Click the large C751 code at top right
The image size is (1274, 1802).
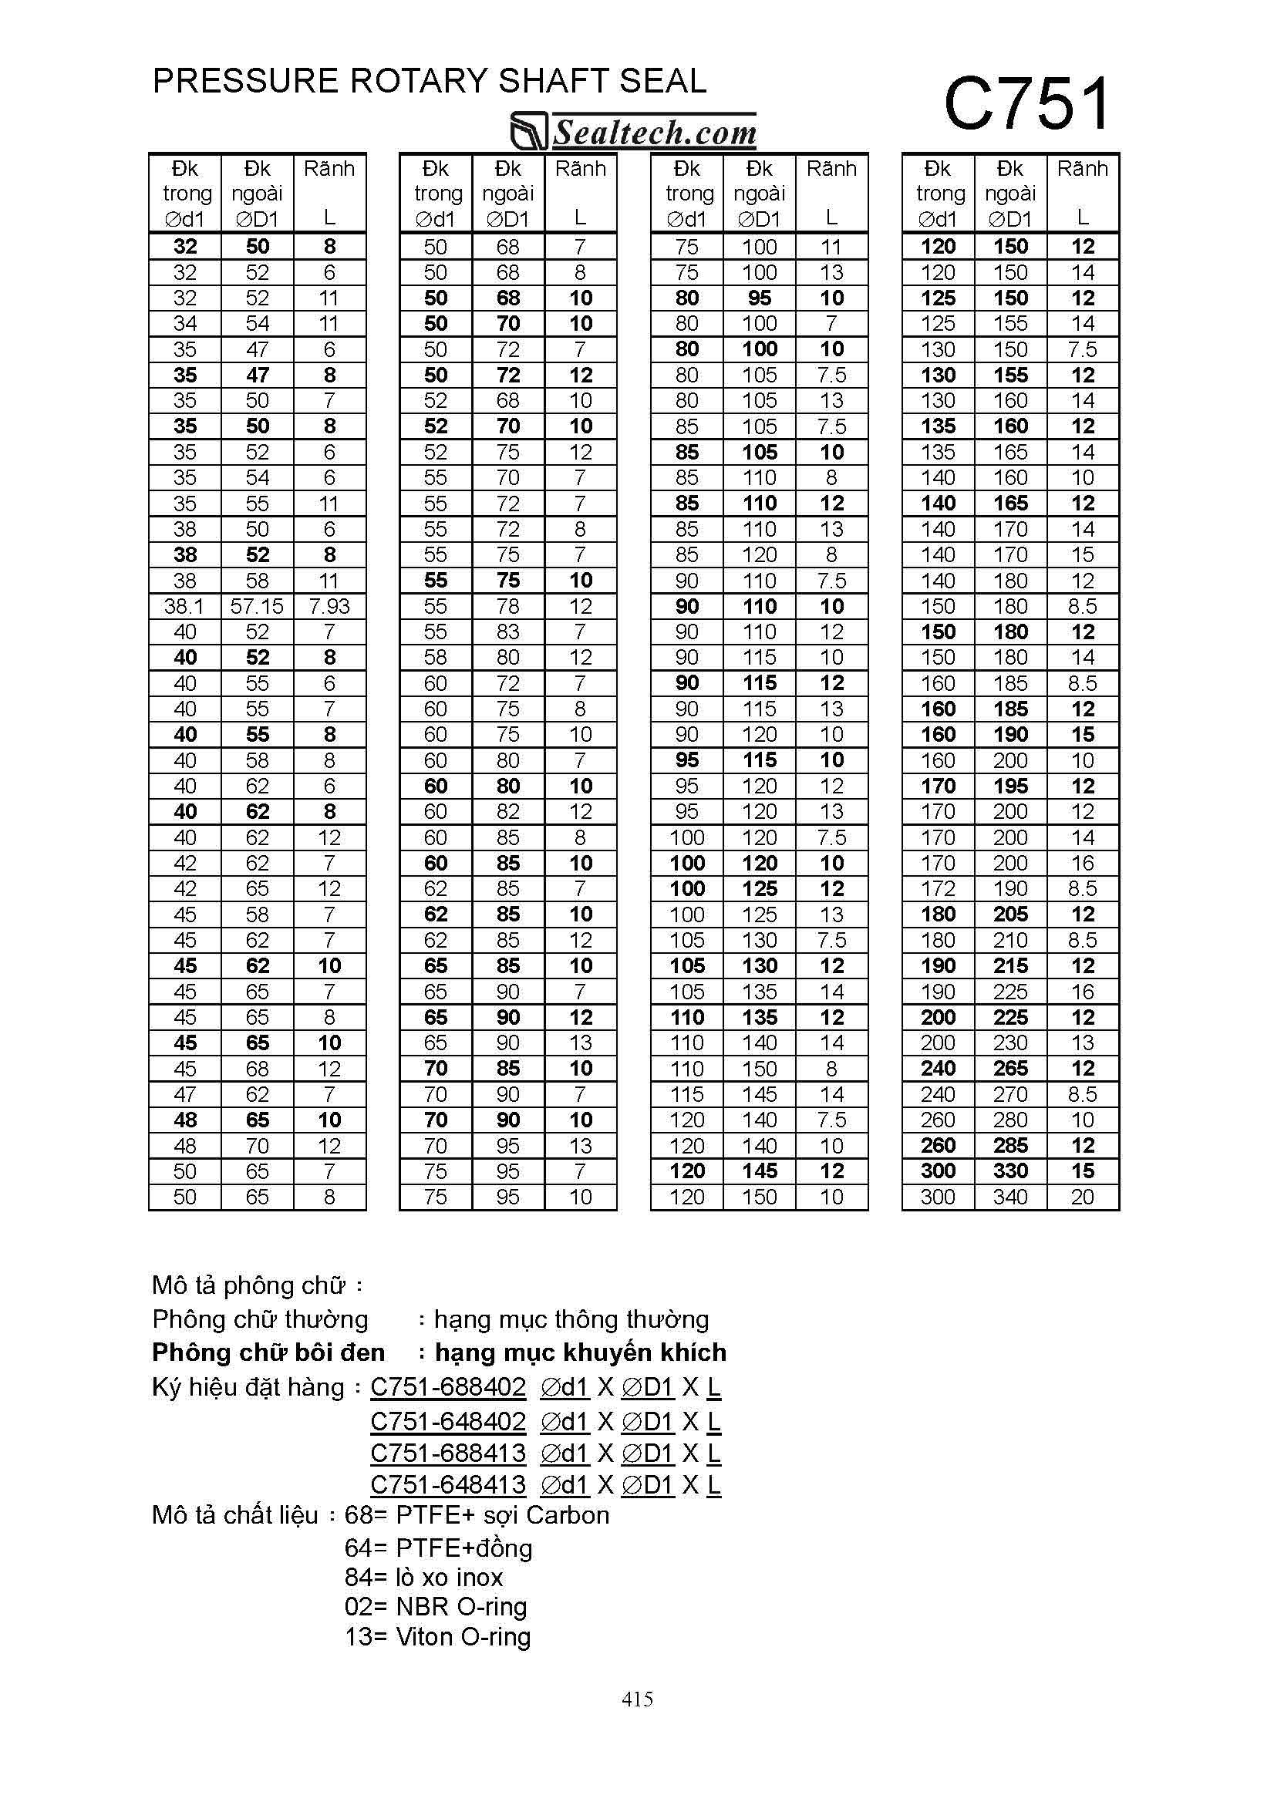click(x=1026, y=104)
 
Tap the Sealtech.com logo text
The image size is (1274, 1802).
click(x=655, y=133)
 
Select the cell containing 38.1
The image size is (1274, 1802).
click(x=184, y=606)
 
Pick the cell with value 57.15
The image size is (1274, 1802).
click(x=257, y=606)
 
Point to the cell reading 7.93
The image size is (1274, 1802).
click(x=329, y=606)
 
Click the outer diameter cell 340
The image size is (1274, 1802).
click(x=1010, y=1197)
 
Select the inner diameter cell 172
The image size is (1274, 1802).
click(x=938, y=888)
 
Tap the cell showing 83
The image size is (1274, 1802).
click(x=508, y=632)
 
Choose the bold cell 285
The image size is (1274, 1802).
click(x=1010, y=1145)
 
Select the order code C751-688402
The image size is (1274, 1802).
click(x=448, y=1388)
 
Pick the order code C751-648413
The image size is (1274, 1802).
click(x=448, y=1485)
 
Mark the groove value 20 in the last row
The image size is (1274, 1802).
click(x=1083, y=1197)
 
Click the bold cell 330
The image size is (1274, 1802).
click(x=1010, y=1171)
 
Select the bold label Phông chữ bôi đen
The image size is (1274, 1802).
click(x=268, y=1352)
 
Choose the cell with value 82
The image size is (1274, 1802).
click(x=508, y=811)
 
